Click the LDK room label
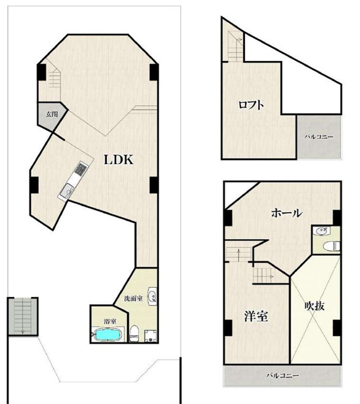coord(119,160)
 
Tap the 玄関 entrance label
coord(52,114)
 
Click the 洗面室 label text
coord(133,299)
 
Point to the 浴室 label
coord(110,321)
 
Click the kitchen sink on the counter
coord(67,191)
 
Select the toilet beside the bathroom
coord(134,333)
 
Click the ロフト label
coord(251,105)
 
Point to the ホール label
coord(286,213)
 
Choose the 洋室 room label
coord(256,316)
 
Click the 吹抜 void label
coord(314,306)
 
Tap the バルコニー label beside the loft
coord(319,137)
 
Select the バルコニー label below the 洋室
coord(283,375)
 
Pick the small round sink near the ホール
coord(321,231)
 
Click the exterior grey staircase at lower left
coord(23,317)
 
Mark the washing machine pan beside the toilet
coord(151,336)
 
